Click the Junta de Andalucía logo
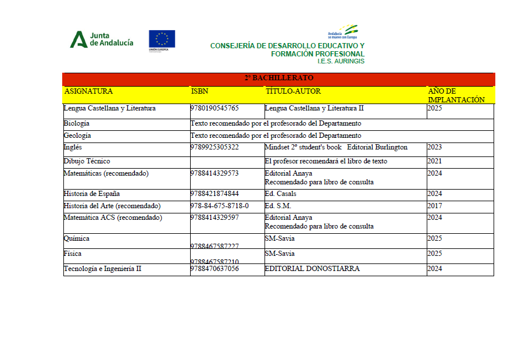[x=102, y=40]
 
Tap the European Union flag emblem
[x=162, y=39]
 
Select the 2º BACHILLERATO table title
[x=278, y=78]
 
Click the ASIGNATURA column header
[x=88, y=91]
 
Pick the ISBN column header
[x=199, y=91]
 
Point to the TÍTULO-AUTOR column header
[x=293, y=91]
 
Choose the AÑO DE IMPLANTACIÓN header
[x=456, y=95]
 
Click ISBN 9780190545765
[x=215, y=109]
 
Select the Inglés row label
[x=73, y=148]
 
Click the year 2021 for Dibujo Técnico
[x=434, y=161]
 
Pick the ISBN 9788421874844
[x=215, y=194]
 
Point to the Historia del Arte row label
[x=112, y=206]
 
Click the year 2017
[x=434, y=206]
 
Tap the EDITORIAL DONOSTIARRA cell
[x=312, y=269]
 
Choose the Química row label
[x=77, y=239]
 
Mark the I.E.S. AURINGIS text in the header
[x=341, y=61]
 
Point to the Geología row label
[x=77, y=136]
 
